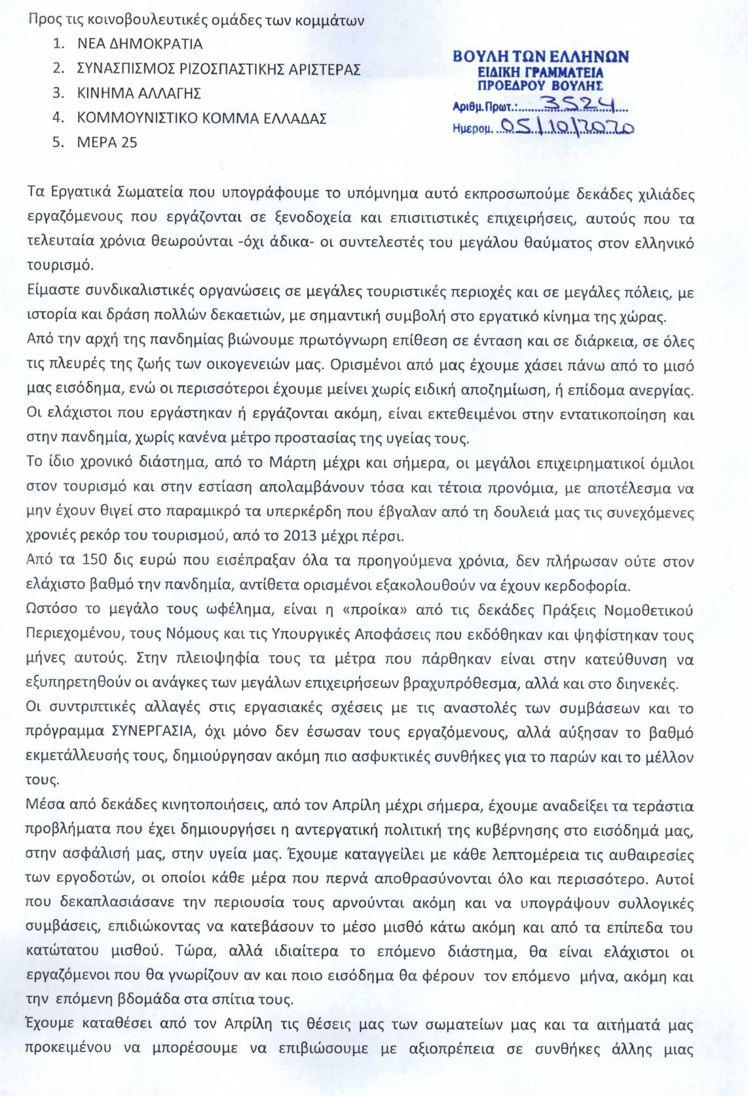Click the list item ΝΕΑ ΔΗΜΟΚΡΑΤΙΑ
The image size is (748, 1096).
[x=140, y=45]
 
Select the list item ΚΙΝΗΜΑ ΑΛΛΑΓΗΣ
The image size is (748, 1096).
[x=139, y=94]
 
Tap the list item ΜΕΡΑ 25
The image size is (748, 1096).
[x=107, y=143]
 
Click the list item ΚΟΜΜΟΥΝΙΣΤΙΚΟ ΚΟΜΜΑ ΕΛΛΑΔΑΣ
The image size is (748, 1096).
[x=202, y=119]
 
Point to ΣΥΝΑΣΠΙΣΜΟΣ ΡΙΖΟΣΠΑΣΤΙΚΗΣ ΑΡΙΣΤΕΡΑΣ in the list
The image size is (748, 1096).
[x=219, y=69]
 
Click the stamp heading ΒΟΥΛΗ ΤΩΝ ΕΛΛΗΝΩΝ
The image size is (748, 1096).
[x=540, y=57]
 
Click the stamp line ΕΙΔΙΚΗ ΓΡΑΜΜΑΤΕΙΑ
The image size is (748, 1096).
[x=540, y=73]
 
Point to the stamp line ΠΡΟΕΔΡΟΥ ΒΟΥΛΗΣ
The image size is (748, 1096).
[x=540, y=86]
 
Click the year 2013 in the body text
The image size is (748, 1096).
[x=301, y=537]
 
